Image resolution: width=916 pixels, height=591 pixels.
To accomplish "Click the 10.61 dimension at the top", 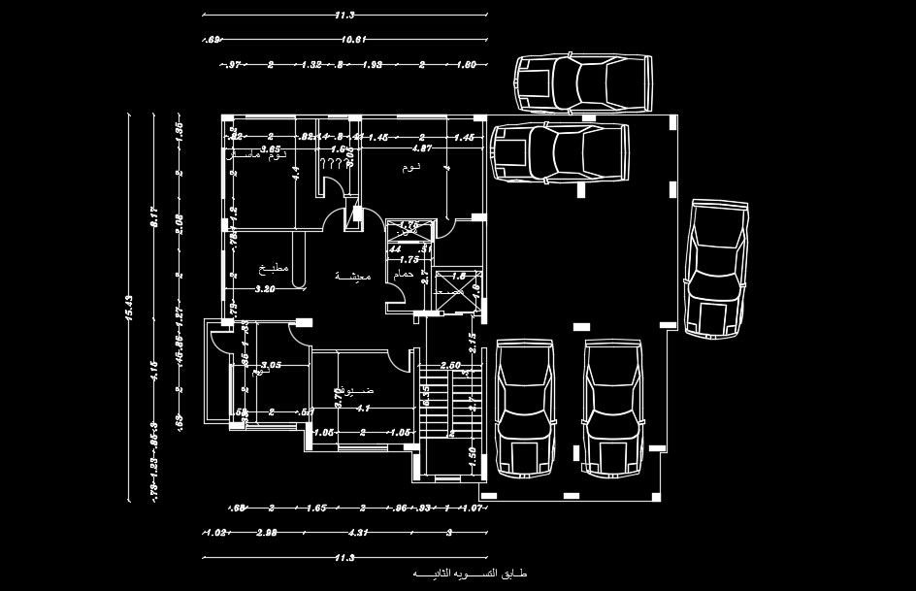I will pos(352,40).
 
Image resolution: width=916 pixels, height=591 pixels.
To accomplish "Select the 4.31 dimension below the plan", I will pos(358,533).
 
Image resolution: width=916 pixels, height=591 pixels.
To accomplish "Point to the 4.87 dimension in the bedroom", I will pos(421,149).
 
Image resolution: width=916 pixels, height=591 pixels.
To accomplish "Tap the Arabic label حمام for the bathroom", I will pos(404,275).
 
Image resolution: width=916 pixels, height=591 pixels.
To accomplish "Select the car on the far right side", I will pos(717,267).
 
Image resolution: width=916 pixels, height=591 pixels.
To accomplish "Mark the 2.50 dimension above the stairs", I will pos(450,365).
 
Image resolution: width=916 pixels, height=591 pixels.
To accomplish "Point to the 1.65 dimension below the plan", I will pos(316,508).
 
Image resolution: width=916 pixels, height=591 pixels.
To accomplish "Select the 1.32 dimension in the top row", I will pos(311,65).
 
